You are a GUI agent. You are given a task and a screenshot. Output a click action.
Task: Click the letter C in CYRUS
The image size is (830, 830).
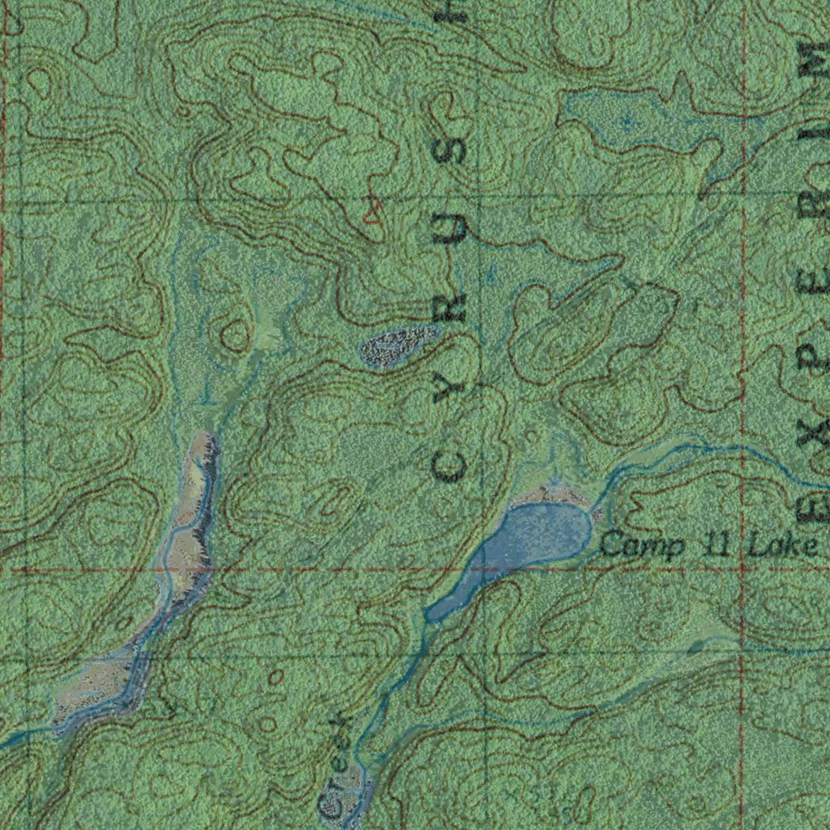point(448,465)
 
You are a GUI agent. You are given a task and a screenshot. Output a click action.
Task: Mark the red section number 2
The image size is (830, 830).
point(372,212)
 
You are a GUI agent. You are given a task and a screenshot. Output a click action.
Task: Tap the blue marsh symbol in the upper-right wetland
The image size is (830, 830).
point(627,122)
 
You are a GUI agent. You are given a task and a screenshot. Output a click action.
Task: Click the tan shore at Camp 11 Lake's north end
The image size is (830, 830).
point(551,493)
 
